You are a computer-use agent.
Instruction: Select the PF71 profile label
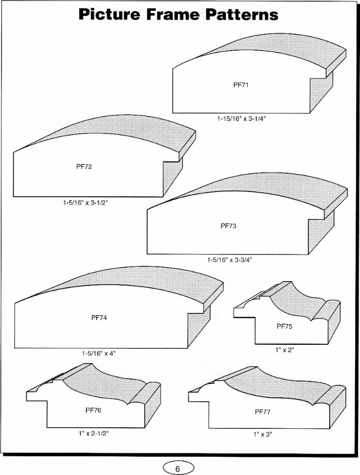point(241,85)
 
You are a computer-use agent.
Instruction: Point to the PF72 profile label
point(84,166)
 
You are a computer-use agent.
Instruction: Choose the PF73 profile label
point(228,226)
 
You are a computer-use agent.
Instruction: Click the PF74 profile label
point(99,318)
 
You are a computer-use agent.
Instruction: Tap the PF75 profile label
point(285,326)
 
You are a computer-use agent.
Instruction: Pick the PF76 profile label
point(93,410)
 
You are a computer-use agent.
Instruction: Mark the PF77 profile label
point(263,412)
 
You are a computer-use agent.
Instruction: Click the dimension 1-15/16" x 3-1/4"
point(241,119)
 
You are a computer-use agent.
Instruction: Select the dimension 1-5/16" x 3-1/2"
point(85,203)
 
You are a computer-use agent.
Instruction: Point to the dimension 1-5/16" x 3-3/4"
point(230,259)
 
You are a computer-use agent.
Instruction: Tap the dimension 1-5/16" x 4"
point(99,353)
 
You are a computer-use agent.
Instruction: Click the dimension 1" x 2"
point(285,350)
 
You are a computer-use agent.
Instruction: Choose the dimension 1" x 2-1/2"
point(93,433)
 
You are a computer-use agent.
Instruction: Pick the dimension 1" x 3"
point(263,434)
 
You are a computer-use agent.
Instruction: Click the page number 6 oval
point(178,468)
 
